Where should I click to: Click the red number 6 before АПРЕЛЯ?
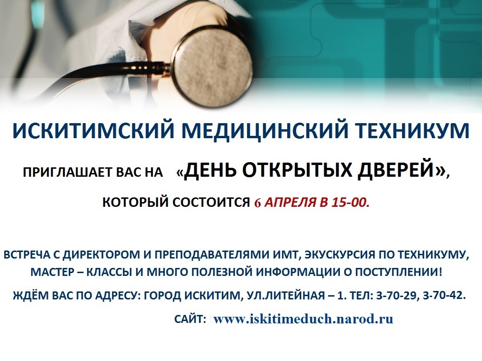(x=257, y=203)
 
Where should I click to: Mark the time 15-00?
(x=350, y=203)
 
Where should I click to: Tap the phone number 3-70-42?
(x=444, y=296)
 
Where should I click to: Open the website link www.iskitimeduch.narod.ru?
(x=303, y=319)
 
